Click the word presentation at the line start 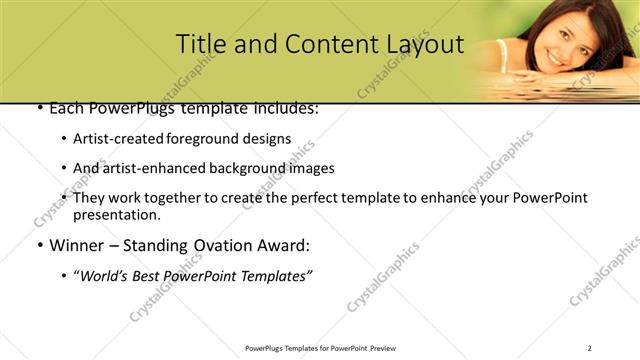116,214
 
